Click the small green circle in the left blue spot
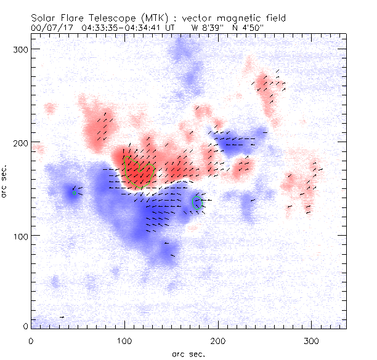(x=75, y=193)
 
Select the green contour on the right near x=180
(x=198, y=204)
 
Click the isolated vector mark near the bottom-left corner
(x=62, y=317)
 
